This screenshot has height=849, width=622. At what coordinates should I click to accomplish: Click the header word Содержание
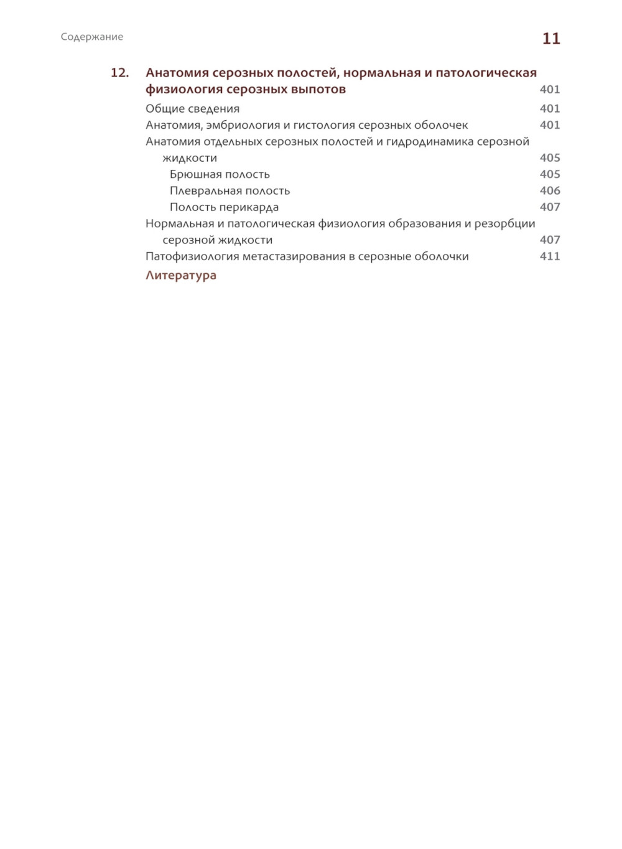92,37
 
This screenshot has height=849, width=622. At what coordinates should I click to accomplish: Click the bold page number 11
551,39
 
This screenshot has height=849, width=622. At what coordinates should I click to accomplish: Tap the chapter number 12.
119,73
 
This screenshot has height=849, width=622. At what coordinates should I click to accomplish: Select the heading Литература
181,275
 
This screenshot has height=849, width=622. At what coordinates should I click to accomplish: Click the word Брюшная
193,174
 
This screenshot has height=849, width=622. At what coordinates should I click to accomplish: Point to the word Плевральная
206,190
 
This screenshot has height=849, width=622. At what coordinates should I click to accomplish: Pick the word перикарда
249,207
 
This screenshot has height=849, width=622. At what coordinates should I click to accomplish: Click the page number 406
550,190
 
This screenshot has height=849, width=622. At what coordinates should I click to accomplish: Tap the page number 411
550,256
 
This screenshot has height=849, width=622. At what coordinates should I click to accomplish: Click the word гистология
324,125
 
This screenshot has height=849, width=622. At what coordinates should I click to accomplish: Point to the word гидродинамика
429,141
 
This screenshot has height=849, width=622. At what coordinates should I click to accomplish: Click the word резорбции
504,223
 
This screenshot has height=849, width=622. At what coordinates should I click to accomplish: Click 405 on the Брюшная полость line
550,174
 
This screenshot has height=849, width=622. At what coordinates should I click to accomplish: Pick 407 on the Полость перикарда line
550,207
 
